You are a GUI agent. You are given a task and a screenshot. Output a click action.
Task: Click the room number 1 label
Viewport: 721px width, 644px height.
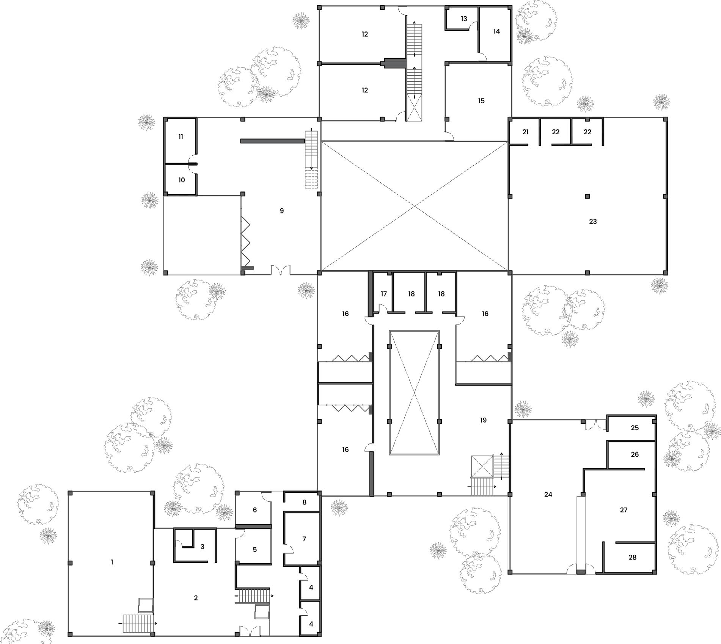pyautogui.click(x=112, y=562)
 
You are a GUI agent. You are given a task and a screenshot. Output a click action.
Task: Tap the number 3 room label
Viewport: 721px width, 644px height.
pyautogui.click(x=203, y=547)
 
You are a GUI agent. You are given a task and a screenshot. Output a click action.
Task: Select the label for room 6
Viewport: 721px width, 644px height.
pyautogui.click(x=255, y=510)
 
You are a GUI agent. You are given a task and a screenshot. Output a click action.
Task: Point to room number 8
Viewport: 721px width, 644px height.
pyautogui.click(x=304, y=502)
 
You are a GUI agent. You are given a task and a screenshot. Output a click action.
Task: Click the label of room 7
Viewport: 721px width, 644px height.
pyautogui.click(x=304, y=539)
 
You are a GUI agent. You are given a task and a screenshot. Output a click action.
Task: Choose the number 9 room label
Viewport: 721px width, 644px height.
pyautogui.click(x=281, y=211)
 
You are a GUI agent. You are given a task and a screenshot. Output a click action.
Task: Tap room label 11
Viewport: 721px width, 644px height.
pyautogui.click(x=181, y=136)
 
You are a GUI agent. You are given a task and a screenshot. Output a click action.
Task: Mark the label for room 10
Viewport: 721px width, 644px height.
pyautogui.click(x=182, y=180)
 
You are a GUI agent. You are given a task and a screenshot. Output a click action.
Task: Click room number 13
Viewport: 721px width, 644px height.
pyautogui.click(x=464, y=19)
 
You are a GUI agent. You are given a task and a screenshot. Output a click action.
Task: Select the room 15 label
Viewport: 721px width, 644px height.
pyautogui.click(x=481, y=101)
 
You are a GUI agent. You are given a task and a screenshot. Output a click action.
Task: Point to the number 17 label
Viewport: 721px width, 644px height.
pyautogui.click(x=384, y=294)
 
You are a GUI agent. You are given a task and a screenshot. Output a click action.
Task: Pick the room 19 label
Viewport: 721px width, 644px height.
pyautogui.click(x=483, y=420)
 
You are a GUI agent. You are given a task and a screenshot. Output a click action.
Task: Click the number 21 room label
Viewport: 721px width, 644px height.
pyautogui.click(x=525, y=132)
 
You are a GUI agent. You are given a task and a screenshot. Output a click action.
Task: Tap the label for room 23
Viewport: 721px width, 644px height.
pyautogui.click(x=593, y=221)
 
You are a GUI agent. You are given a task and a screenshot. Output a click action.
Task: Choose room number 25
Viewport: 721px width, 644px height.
pyautogui.click(x=635, y=428)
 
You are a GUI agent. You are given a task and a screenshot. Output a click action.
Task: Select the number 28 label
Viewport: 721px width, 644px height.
pyautogui.click(x=632, y=557)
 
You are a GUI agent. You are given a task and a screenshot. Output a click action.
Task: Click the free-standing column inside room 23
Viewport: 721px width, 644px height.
pyautogui.click(x=587, y=196)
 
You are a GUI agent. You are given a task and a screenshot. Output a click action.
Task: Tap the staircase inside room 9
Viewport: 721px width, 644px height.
pyautogui.click(x=311, y=159)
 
